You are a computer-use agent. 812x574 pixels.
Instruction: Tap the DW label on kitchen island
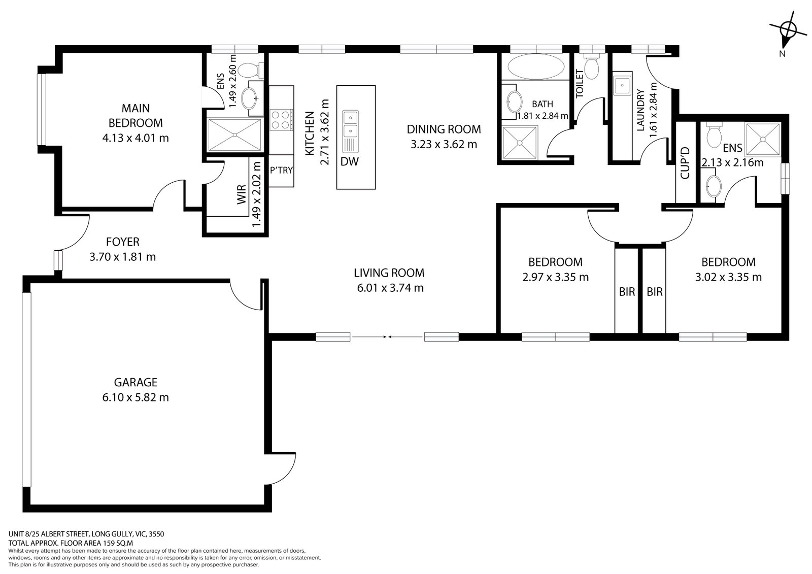(350, 162)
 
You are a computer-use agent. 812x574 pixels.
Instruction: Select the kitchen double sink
(350, 125)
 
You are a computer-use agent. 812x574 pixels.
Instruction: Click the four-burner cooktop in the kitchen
(281, 120)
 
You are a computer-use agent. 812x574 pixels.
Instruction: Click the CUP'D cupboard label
(685, 162)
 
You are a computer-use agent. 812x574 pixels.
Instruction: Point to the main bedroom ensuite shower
(235, 134)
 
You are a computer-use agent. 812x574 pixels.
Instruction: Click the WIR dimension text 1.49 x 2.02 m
(257, 196)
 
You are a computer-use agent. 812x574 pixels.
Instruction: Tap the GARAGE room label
(136, 382)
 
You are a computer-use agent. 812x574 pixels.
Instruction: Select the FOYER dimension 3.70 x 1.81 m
(122, 257)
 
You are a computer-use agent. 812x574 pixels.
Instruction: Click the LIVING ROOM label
(389, 273)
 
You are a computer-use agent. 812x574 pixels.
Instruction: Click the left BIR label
(627, 292)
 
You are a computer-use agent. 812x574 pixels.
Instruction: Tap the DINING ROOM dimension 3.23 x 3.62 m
(444, 144)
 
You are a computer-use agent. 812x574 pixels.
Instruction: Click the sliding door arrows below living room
(387, 336)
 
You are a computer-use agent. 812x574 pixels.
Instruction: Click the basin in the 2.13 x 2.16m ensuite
(713, 187)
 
